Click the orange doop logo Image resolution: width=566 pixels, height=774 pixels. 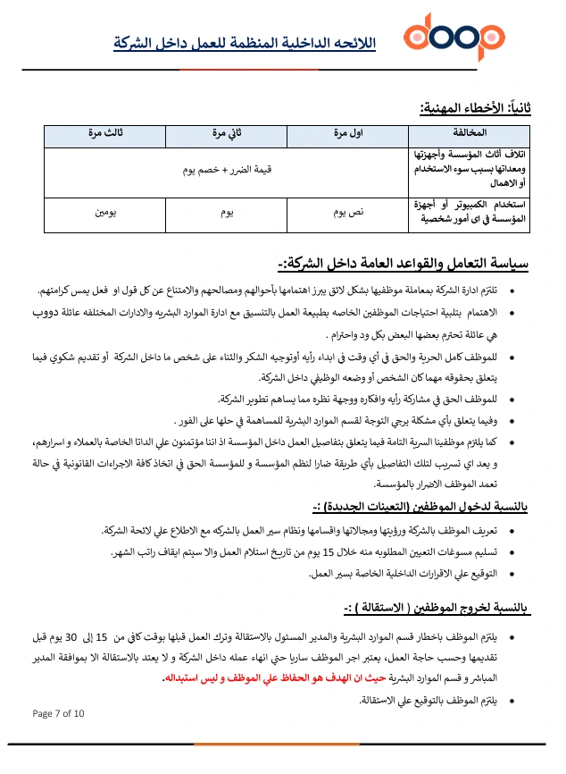454,38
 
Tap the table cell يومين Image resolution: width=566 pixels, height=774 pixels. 105,214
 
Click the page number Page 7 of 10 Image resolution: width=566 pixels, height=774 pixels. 58,713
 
